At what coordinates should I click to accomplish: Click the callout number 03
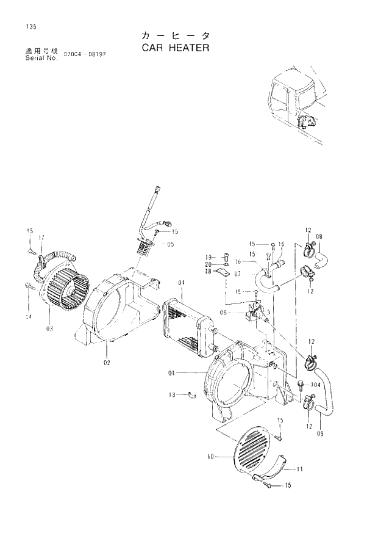48,328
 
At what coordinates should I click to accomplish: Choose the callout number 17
41,237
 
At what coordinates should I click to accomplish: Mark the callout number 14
28,317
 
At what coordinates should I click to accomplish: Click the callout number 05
170,244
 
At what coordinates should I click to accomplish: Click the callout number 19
208,256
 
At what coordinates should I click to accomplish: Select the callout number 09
319,434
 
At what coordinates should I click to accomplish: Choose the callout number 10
210,455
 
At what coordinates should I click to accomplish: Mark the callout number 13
173,395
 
